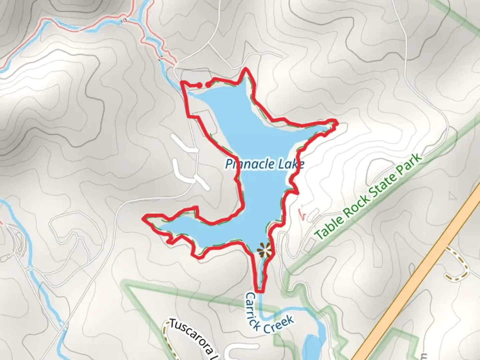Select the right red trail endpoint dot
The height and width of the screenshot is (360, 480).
tap(208, 85)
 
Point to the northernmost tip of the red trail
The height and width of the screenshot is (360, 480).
tap(246, 69)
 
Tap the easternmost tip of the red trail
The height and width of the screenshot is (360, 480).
tap(337, 124)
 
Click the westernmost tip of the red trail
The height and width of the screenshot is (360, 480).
tap(144, 218)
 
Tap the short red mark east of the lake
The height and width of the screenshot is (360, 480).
tap(302, 214)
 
